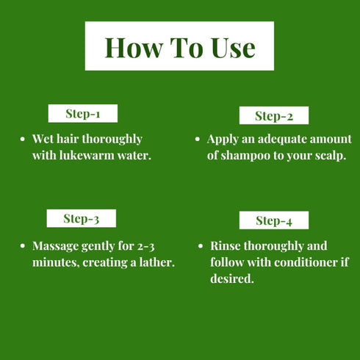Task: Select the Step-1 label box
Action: pos(82,114)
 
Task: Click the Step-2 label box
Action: pos(274,115)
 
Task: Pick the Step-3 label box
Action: pos(81,218)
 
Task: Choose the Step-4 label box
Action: pos(274,220)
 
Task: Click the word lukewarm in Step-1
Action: pos(87,156)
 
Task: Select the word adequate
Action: pos(273,139)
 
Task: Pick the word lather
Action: pos(156,262)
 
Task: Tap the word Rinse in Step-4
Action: pos(226,246)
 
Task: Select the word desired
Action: pos(231,279)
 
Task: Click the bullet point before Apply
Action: pos(198,139)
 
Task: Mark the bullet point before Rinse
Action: pos(201,247)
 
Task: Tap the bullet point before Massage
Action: pos(24,246)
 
